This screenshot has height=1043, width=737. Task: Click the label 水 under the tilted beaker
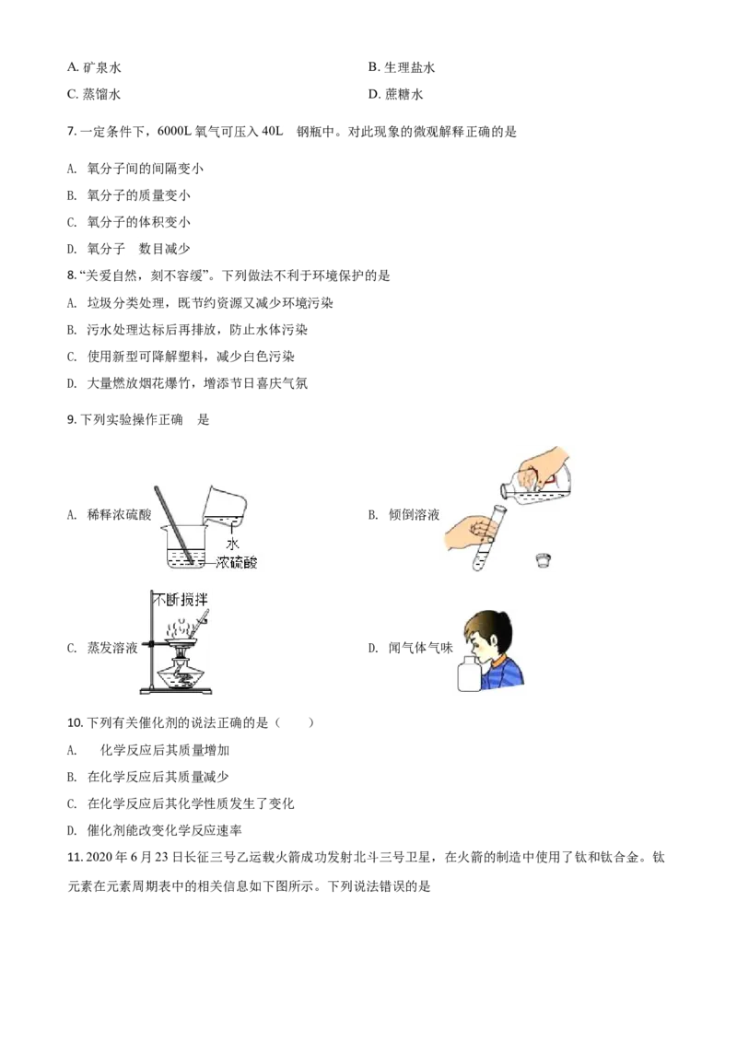pyautogui.click(x=232, y=545)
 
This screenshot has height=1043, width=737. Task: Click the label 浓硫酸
pyautogui.click(x=237, y=561)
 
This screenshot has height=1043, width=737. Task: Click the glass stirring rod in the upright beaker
pyautogui.click(x=175, y=525)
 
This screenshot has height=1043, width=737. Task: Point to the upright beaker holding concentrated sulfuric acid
pyautogui.click(x=184, y=548)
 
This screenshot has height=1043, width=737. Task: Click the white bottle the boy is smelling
pyautogui.click(x=470, y=671)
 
